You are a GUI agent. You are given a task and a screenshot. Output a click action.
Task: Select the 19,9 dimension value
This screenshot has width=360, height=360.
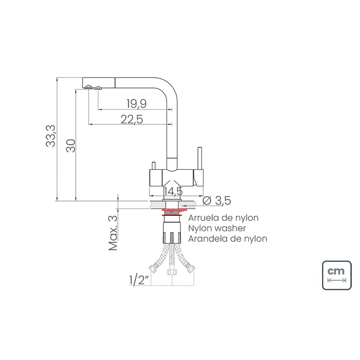136,104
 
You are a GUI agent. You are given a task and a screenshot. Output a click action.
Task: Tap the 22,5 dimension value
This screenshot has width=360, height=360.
132,119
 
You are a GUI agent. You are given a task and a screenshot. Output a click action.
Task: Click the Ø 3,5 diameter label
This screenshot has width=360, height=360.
216,201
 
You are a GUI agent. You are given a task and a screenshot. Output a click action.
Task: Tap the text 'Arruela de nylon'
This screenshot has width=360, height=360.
223,218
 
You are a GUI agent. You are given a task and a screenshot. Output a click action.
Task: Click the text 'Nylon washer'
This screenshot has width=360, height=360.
217,228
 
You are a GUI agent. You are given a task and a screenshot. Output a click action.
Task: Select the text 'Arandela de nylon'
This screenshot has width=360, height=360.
228,238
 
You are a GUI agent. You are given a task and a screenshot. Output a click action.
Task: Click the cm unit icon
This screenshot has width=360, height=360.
337,275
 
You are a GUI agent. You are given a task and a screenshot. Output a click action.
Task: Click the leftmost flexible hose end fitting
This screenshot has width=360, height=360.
152,268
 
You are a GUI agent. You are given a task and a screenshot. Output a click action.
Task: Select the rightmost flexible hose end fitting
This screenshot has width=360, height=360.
192,267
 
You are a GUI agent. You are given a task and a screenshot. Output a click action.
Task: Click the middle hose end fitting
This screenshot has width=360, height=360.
172,271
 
